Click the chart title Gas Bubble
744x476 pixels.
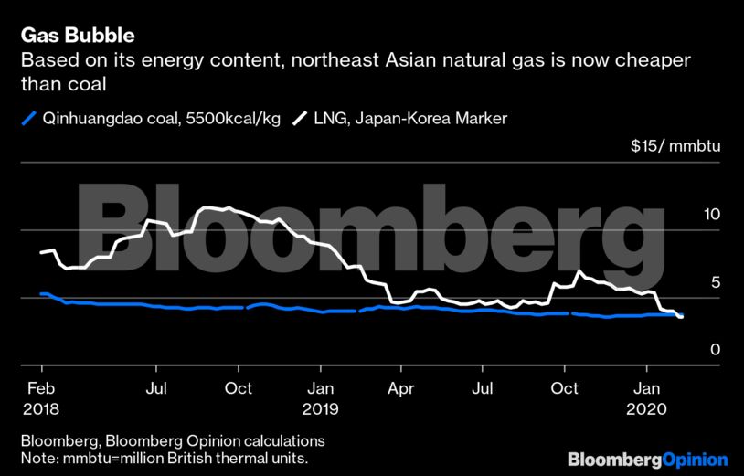(78, 37)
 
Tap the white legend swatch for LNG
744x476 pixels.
(299, 118)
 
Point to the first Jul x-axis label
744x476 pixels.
(156, 388)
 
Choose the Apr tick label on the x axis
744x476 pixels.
(400, 388)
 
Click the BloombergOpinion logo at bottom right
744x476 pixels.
(647, 459)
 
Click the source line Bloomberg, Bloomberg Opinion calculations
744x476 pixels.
(173, 440)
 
